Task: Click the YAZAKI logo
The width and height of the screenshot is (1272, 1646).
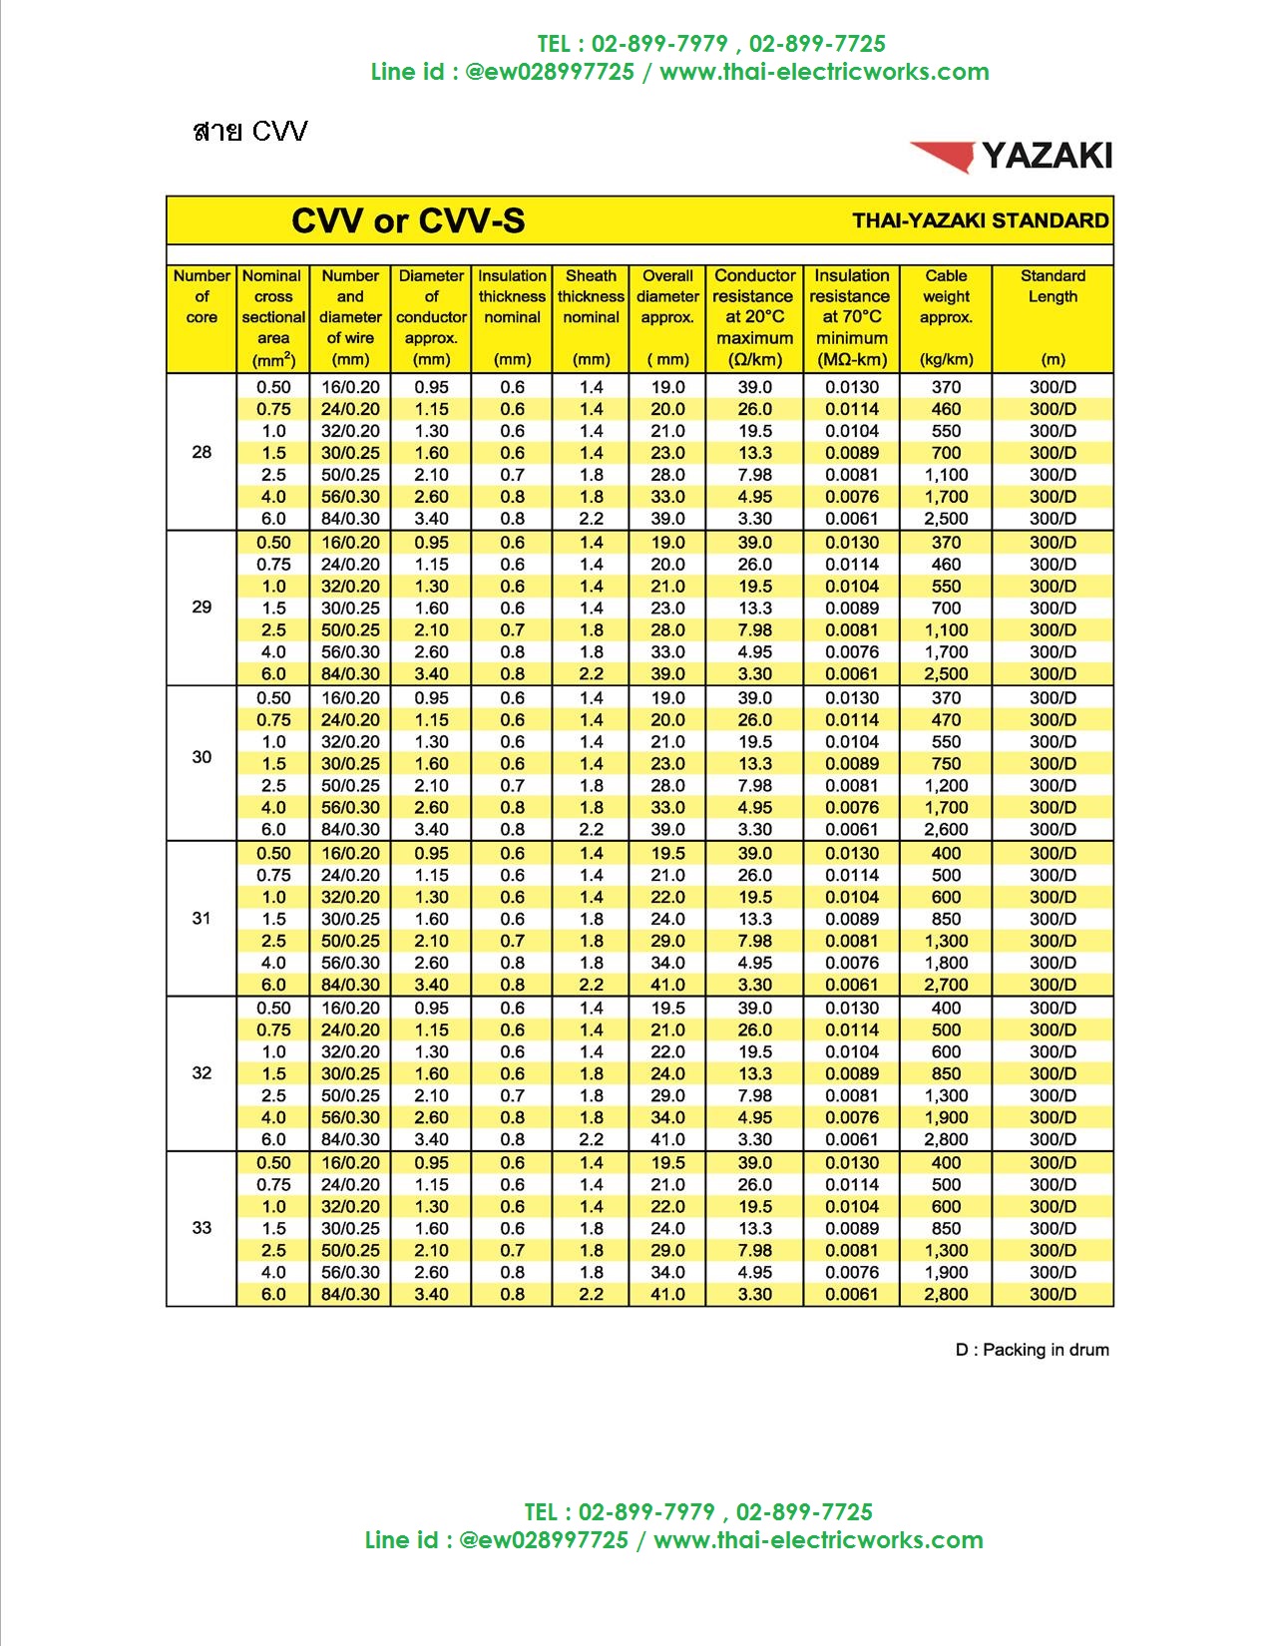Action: coord(1011,156)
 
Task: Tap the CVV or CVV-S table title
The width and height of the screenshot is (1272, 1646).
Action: coord(407,220)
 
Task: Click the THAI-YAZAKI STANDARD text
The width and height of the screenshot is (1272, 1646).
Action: coord(980,220)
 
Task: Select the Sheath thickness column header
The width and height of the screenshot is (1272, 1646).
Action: coord(591,296)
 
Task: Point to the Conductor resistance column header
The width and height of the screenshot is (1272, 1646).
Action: coord(754,316)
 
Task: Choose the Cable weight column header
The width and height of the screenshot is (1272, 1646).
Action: coord(946,296)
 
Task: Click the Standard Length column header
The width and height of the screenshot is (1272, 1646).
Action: coord(1053,286)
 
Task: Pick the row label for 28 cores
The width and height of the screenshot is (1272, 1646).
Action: coord(202,452)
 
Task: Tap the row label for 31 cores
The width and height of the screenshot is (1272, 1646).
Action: coord(202,918)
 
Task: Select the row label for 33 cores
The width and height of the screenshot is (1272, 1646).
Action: coord(202,1228)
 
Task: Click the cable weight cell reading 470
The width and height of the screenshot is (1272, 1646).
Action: coord(946,720)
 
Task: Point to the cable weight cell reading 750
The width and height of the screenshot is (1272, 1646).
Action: coord(946,764)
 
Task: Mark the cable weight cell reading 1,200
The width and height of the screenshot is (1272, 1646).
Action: coord(946,786)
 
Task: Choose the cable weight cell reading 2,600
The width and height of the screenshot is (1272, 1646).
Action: coord(946,829)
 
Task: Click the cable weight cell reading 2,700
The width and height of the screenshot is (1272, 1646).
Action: coord(946,985)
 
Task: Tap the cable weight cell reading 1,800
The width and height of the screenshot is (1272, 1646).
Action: coord(946,963)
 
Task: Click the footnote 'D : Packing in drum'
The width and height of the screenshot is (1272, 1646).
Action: coord(1032,1350)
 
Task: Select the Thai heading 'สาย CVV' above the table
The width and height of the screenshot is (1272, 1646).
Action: coord(250,131)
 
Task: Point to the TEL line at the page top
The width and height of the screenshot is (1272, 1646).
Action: coord(710,44)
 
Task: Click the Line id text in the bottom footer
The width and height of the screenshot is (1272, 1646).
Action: coord(673,1539)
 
